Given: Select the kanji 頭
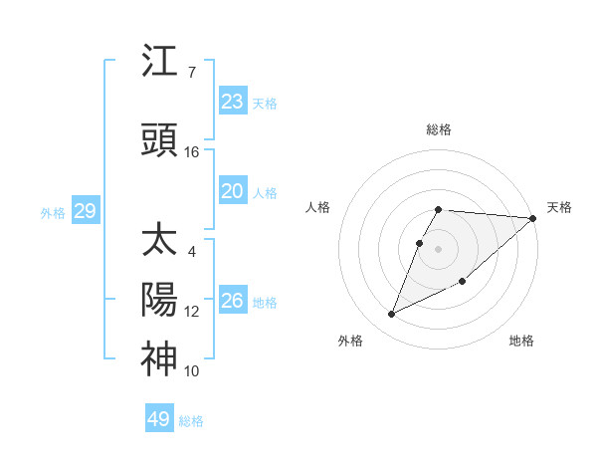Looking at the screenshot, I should [159, 140].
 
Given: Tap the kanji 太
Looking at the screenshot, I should [159, 242].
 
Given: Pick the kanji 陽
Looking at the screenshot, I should [159, 300].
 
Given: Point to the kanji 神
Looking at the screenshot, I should [159, 359].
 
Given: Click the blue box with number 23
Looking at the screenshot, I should [232, 102].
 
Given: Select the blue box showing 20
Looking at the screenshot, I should [232, 192].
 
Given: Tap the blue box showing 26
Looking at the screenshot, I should [232, 301].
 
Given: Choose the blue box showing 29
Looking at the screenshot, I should [85, 211].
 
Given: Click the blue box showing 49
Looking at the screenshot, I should [159, 419].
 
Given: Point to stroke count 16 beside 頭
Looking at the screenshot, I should [192, 152].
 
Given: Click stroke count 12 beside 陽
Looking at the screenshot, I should [192, 312].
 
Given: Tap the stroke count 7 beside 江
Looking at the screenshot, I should [191, 73].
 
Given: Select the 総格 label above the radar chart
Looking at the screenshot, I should [439, 129].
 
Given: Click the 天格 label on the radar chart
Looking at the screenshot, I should [559, 207].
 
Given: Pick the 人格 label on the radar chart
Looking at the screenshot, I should [317, 207].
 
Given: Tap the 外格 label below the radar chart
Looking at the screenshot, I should [350, 341].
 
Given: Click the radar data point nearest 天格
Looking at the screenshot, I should [533, 218].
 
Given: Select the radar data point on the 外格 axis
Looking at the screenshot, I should [392, 315].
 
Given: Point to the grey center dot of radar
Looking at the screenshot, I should [439, 250].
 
